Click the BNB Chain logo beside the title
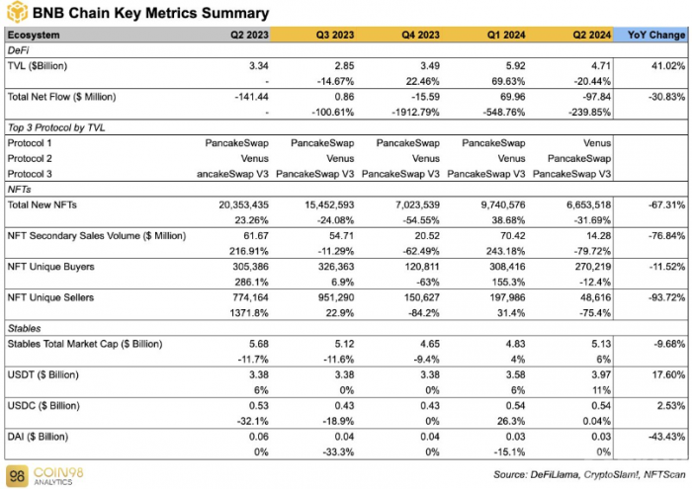tap(17, 12)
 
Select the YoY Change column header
tap(656, 35)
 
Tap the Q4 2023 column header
tap(420, 35)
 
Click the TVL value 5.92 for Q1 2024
tap(515, 66)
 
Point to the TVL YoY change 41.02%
tap(668, 66)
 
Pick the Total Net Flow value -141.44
tap(251, 97)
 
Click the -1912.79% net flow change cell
tap(416, 113)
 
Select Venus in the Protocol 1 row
tap(597, 143)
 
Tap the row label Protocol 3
tap(30, 174)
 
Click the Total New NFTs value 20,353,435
tap(243, 205)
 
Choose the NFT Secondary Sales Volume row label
tap(97, 236)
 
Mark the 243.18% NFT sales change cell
tap(507, 251)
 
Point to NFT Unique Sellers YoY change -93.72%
tap(667, 297)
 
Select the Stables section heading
tap(25, 329)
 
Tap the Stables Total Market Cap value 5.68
tap(259, 344)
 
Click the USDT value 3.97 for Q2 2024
tap(601, 374)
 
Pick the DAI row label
tap(38, 437)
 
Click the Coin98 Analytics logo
tap(45, 476)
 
